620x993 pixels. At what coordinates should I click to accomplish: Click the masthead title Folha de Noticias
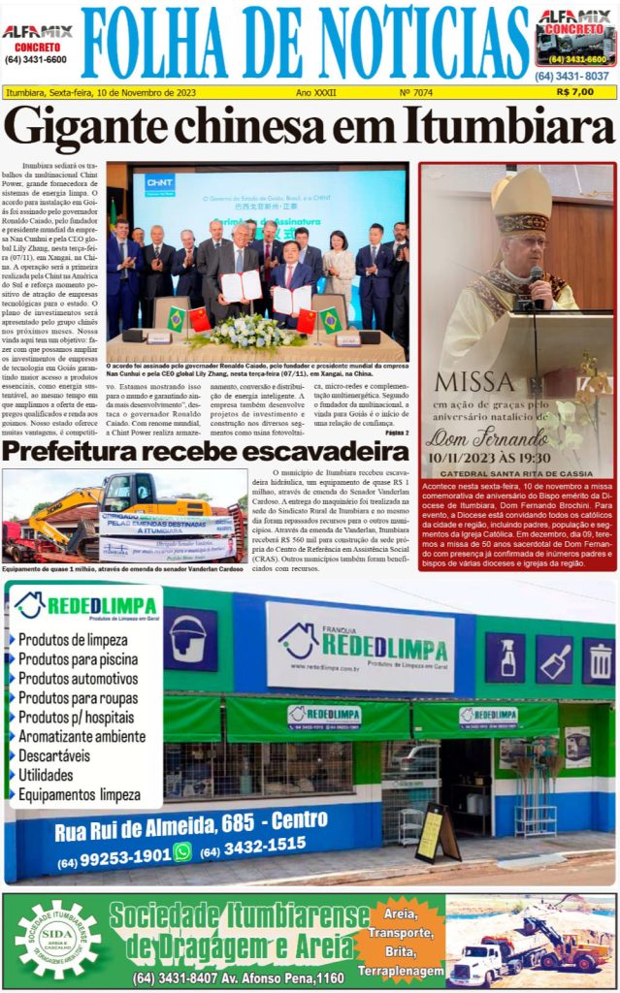308,44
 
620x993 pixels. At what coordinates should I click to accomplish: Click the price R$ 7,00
575,92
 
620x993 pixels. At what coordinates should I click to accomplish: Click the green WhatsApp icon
182,851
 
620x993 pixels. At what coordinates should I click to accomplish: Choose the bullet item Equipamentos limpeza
80,795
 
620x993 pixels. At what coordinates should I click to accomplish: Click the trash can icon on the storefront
599,661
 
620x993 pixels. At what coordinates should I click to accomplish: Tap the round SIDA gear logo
56,940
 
